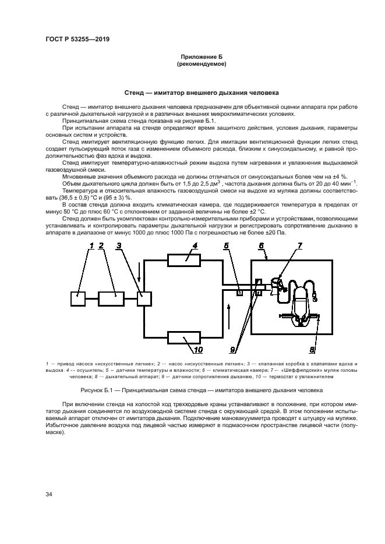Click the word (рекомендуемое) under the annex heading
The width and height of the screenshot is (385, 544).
point(201,64)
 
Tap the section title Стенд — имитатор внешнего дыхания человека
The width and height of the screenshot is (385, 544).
point(202,93)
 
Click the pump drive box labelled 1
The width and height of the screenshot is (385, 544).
point(78,298)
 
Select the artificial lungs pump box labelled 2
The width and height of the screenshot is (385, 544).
point(111,298)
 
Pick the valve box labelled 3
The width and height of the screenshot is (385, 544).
point(144,298)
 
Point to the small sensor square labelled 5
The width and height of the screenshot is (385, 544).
point(239,293)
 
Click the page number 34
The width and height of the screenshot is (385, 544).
point(49,494)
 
